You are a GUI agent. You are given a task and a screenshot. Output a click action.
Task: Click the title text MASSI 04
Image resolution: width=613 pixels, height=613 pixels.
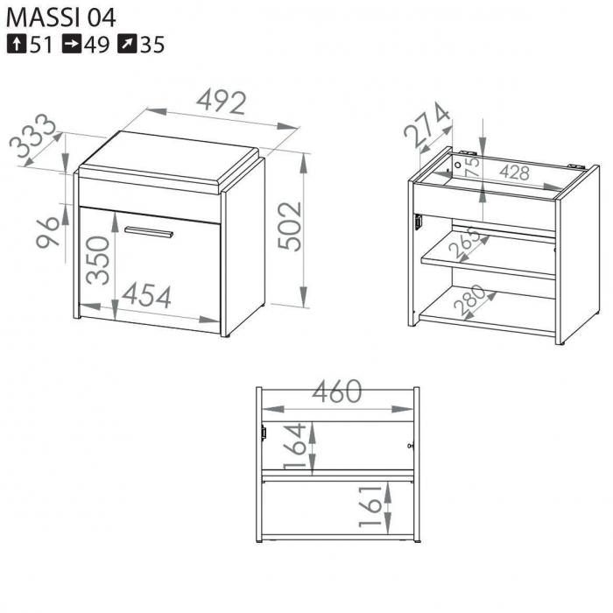point(61,18)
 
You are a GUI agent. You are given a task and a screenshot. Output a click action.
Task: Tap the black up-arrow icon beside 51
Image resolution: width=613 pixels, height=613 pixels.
point(17,44)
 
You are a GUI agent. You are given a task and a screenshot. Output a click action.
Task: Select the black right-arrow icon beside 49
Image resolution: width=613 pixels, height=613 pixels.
point(72,44)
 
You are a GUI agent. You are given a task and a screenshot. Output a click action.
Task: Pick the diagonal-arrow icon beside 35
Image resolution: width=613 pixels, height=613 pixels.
point(127,44)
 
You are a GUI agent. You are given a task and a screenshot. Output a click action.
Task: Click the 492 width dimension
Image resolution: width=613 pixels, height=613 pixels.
point(222,102)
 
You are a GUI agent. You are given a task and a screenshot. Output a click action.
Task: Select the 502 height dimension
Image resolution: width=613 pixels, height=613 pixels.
point(290,226)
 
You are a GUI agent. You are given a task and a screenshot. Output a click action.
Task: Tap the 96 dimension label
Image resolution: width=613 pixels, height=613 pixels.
point(47,232)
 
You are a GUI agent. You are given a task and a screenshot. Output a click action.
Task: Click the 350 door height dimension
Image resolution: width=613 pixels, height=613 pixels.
point(98,260)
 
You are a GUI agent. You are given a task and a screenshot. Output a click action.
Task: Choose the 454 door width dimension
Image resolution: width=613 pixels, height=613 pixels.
point(146,296)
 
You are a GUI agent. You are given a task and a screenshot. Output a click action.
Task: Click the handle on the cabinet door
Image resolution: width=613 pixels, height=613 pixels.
point(149,232)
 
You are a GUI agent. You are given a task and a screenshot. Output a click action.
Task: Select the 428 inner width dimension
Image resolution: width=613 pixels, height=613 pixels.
point(515,173)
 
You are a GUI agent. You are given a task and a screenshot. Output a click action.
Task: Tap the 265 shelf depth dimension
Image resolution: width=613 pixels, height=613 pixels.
point(463,243)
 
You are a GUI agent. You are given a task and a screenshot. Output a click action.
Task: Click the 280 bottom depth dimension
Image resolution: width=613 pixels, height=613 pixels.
point(469,300)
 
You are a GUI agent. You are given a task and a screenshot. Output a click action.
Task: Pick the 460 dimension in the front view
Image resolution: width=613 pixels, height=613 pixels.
point(337,391)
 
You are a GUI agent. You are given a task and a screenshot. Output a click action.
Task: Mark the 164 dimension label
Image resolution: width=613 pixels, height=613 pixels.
point(295,446)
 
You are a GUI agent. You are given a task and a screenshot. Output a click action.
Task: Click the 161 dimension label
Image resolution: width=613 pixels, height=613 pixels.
point(370,507)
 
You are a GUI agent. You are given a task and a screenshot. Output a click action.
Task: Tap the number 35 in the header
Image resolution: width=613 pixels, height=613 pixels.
point(152,45)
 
